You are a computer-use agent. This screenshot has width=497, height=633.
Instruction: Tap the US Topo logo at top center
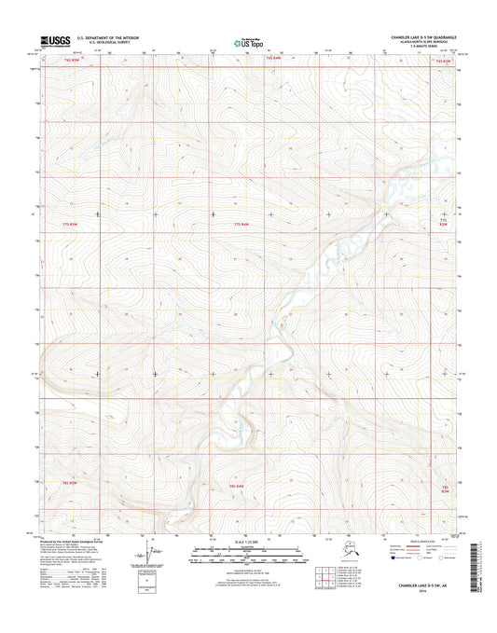(x=248, y=42)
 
